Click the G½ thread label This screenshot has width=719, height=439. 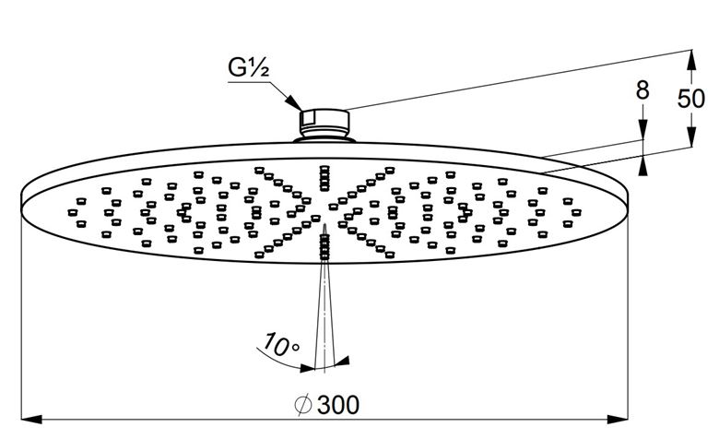coord(248,67)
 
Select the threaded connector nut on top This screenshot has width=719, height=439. coord(324,122)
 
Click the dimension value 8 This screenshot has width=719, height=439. coord(642,89)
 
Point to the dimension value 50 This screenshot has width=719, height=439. coord(691,98)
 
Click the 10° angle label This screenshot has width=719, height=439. coord(280,345)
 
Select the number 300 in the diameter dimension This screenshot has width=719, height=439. coord(338,405)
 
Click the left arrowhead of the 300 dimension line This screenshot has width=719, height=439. coord(31,419)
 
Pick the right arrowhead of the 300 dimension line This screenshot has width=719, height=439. coord(618,419)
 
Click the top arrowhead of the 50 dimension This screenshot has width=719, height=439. coord(691,60)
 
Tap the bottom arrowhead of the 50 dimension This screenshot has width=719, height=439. coord(691,136)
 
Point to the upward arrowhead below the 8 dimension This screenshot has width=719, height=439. coord(642,165)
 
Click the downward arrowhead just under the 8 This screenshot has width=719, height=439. coord(642,129)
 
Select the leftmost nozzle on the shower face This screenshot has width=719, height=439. coord(73,212)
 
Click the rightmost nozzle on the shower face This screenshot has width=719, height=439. coord(576,212)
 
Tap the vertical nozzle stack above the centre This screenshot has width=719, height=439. coord(324,178)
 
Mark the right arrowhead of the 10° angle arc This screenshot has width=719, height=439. coord(342,362)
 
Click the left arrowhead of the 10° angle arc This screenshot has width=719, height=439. coord(307,367)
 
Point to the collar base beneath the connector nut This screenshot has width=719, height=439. coord(324,138)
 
